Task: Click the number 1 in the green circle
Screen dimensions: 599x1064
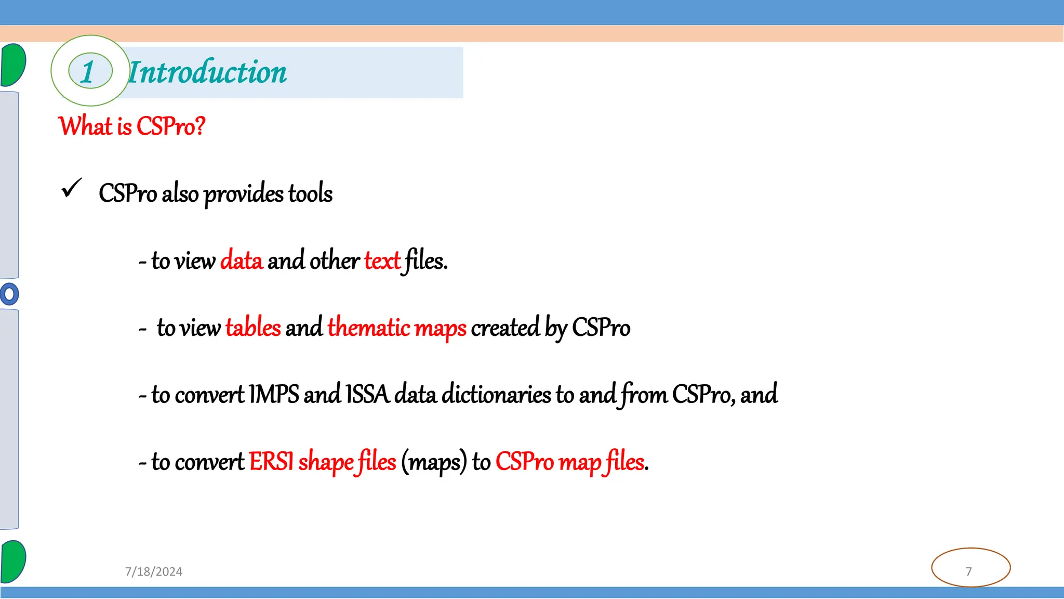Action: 88,71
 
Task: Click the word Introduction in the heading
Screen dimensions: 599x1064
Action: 207,72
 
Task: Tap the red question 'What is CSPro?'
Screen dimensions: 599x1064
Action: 132,126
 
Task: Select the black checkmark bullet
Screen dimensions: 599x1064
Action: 72,188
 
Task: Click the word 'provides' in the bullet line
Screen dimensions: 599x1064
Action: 243,194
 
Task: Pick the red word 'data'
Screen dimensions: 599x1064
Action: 242,261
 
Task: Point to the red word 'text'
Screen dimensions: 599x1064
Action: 382,261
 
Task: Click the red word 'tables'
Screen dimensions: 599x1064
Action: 253,328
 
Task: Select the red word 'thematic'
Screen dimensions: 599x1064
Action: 369,328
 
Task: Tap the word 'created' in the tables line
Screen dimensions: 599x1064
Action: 505,328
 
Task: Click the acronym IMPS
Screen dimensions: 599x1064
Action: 274,394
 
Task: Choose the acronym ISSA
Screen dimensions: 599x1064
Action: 367,394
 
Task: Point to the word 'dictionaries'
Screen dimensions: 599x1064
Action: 496,394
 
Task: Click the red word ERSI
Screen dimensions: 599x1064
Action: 271,461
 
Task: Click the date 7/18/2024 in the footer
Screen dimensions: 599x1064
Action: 154,571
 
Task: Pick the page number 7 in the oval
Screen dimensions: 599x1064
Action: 969,571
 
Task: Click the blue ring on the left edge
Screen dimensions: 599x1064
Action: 9,294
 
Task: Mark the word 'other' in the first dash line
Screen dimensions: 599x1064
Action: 334,261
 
